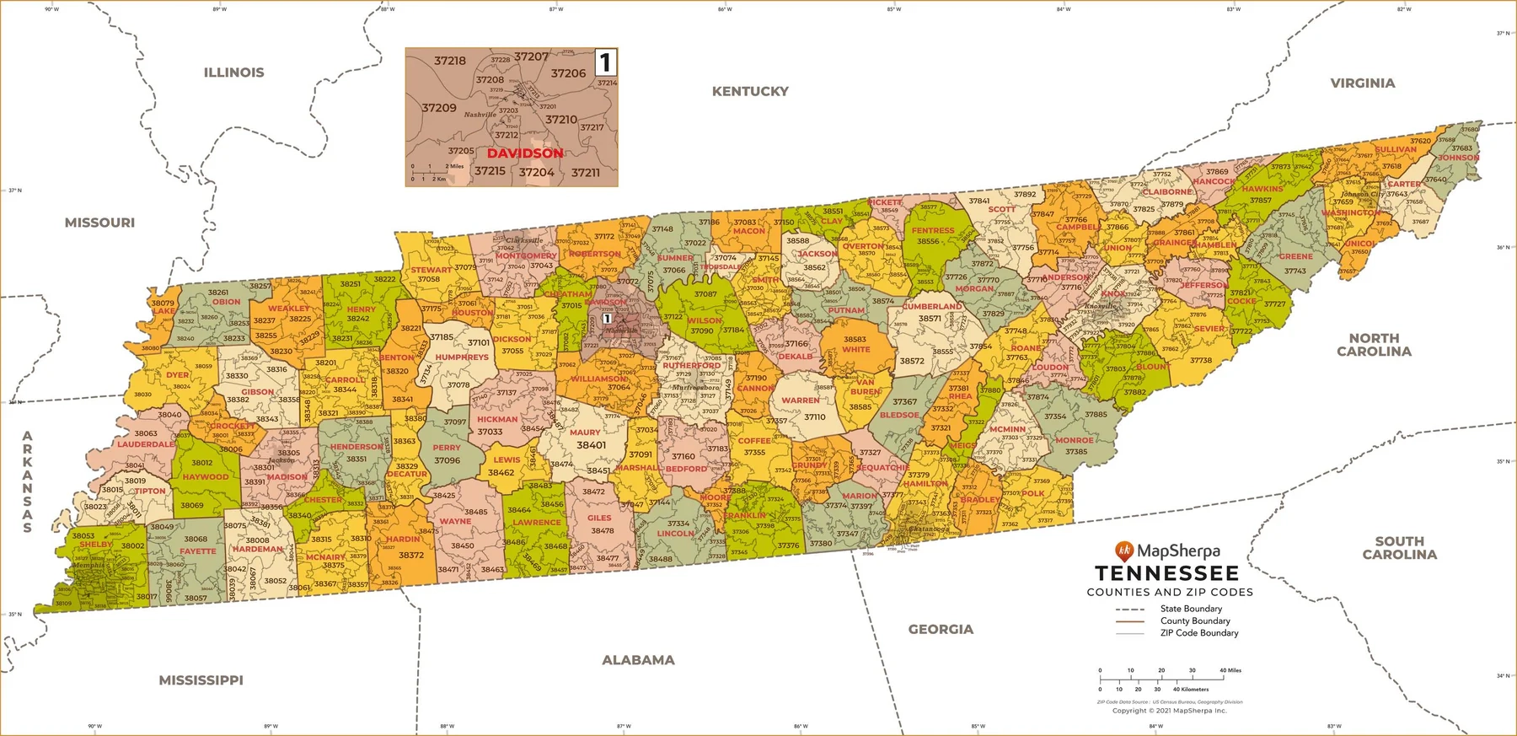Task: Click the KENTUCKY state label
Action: pyautogui.click(x=750, y=91)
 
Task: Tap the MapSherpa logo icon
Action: pyautogui.click(x=1123, y=551)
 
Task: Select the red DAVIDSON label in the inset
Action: pyautogui.click(x=524, y=153)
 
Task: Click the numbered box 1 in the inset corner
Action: pyautogui.click(x=605, y=62)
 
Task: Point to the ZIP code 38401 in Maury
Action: pyautogui.click(x=591, y=445)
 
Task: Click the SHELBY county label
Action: pyautogui.click(x=96, y=545)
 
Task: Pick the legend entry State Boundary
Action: pyautogui.click(x=1190, y=609)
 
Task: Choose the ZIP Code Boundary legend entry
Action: pyautogui.click(x=1198, y=633)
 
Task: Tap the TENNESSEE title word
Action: pyautogui.click(x=1166, y=574)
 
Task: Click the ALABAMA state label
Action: pyautogui.click(x=638, y=660)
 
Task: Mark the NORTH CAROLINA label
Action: pyautogui.click(x=1374, y=345)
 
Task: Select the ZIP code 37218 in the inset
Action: pyautogui.click(x=450, y=61)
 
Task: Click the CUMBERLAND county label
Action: pyautogui.click(x=932, y=307)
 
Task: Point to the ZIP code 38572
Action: pyautogui.click(x=912, y=361)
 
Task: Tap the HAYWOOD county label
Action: pyautogui.click(x=206, y=477)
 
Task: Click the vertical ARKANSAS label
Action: pyautogui.click(x=27, y=482)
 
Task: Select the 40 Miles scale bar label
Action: pyautogui.click(x=1230, y=671)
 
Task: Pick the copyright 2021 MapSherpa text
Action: pyautogui.click(x=1169, y=711)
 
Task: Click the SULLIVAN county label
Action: pyautogui.click(x=1396, y=150)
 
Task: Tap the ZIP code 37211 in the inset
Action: pyautogui.click(x=586, y=173)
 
